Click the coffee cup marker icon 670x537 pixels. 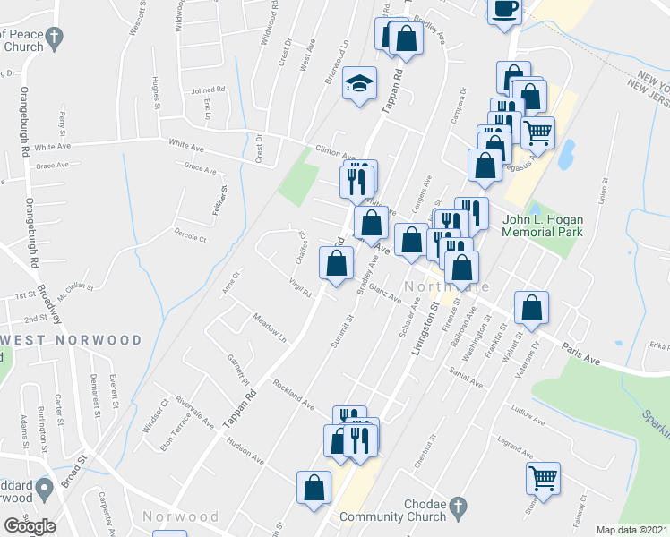pos(505,8)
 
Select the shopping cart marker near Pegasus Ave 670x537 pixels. pos(537,133)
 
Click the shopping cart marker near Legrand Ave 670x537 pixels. pos(543,477)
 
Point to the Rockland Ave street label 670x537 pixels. pos(295,391)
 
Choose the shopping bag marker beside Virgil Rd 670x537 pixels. pos(336,264)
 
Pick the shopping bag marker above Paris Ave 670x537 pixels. pos(532,307)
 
